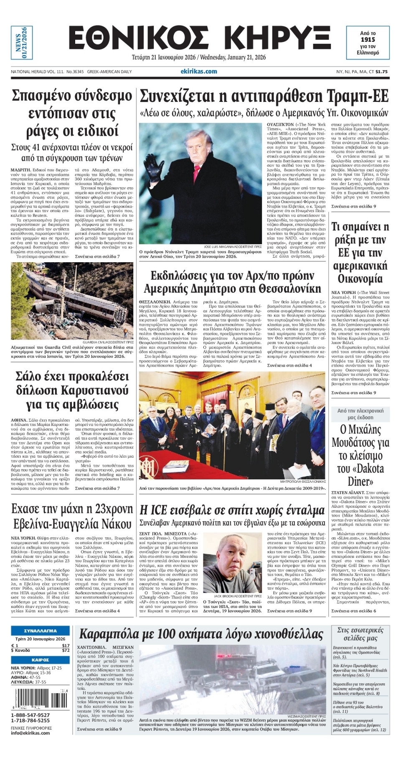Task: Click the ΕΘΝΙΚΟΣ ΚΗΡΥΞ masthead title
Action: [199, 38]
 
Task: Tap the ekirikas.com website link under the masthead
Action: [199, 71]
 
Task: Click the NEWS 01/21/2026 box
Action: [21, 43]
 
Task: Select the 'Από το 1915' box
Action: [368, 43]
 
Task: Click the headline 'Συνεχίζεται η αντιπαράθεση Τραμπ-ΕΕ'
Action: [264, 96]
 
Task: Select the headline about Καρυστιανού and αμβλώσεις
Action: [72, 390]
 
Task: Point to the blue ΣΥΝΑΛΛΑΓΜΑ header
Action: [40, 631]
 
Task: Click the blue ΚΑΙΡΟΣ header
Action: [40, 660]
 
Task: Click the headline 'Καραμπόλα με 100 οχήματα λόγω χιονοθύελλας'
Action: [201, 634]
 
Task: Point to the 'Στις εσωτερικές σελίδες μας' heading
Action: [360, 634]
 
